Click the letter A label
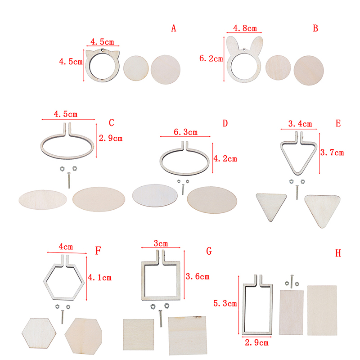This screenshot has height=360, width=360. pos(174,28)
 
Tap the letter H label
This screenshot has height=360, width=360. pos(338,253)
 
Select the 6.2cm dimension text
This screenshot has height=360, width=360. pos(211,58)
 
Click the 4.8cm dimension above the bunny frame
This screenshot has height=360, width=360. pos(245,28)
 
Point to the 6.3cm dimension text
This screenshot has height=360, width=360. pos(185,132)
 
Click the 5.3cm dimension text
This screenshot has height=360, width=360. pos(225,303)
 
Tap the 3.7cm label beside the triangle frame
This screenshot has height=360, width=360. pos(332,153)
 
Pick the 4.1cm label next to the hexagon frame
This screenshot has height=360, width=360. pos(99,278)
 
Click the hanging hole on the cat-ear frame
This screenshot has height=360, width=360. pos(103,50)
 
